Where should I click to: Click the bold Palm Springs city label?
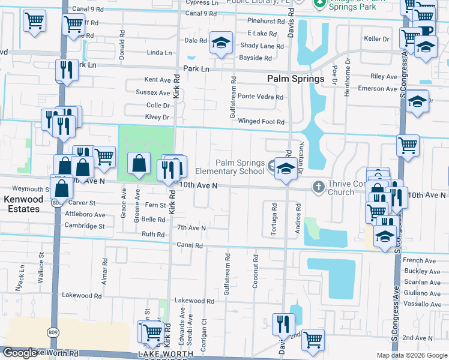(295, 79)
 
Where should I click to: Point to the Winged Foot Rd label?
(261, 122)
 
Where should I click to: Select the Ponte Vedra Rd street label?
(260, 97)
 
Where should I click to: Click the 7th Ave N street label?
(191, 228)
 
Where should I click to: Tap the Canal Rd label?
(190, 245)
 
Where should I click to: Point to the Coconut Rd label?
(256, 272)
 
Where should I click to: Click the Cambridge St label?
(85, 226)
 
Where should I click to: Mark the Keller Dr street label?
(376, 39)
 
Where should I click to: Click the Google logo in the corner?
(20, 353)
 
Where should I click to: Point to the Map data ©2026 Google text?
(412, 355)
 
